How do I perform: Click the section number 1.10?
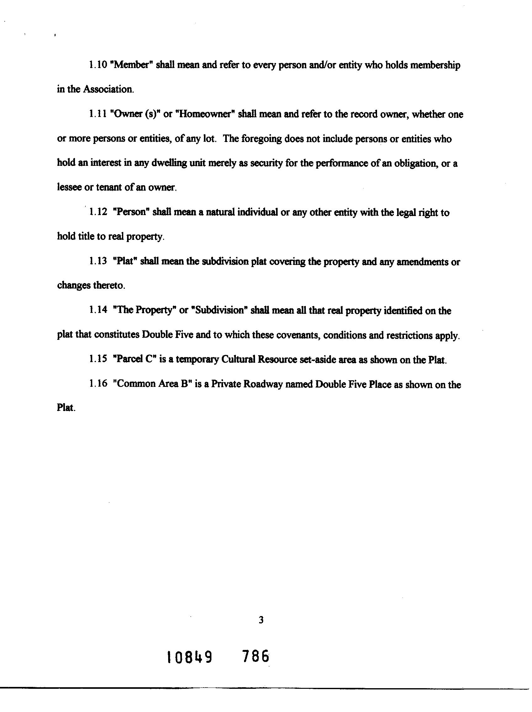(98, 65)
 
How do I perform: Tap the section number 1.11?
(98, 114)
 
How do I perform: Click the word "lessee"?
(69, 188)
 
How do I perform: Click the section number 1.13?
(98, 262)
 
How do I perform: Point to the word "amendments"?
(422, 262)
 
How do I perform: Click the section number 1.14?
(98, 311)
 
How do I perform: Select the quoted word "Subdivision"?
(219, 311)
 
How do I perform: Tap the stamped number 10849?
(190, 657)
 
